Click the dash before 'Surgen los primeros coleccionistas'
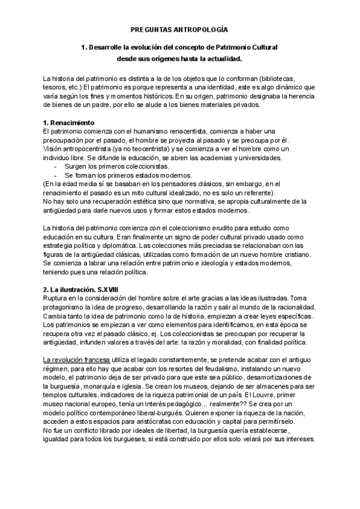(56, 166)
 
